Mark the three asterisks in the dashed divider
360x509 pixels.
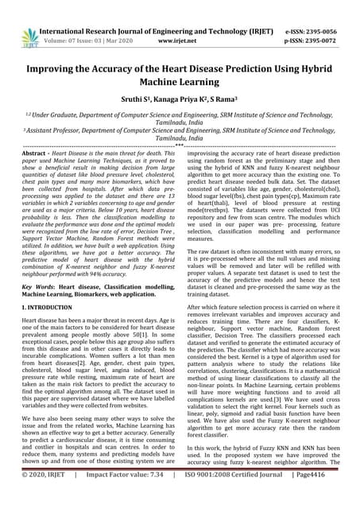click(180, 146)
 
